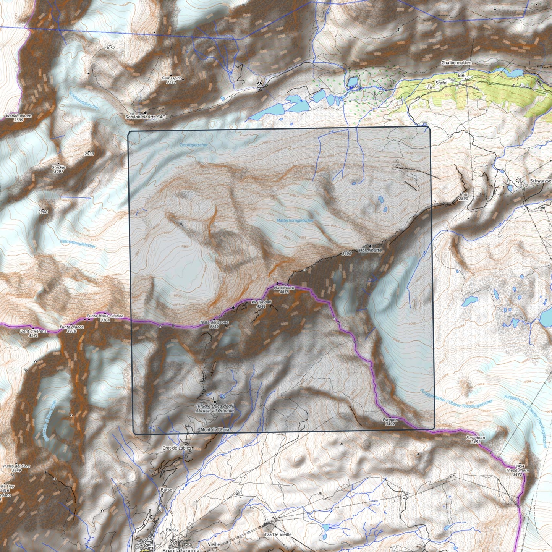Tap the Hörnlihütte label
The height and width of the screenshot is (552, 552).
pyautogui.click(x=370, y=250)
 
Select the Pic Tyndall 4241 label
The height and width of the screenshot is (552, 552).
pyautogui.click(x=261, y=304)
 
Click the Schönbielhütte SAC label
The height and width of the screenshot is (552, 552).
pyautogui.click(x=146, y=117)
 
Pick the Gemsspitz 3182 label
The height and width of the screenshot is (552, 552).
pyautogui.click(x=169, y=80)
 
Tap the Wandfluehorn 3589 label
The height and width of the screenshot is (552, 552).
pyautogui.click(x=18, y=118)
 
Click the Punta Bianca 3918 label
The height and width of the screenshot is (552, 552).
pyautogui.click(x=71, y=329)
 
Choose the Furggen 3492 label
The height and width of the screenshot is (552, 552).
pyautogui.click(x=390, y=422)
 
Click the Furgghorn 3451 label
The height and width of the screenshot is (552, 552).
pyautogui.click(x=475, y=440)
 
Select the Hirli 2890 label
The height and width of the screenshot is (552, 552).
pyautogui.click(x=463, y=197)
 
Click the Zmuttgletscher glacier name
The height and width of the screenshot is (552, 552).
pyautogui.click(x=193, y=145)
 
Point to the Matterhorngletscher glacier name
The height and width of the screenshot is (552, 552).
pyautogui.click(x=295, y=221)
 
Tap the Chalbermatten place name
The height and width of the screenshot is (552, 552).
pyautogui.click(x=456, y=62)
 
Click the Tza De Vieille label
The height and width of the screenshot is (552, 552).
pyautogui.click(x=278, y=535)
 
